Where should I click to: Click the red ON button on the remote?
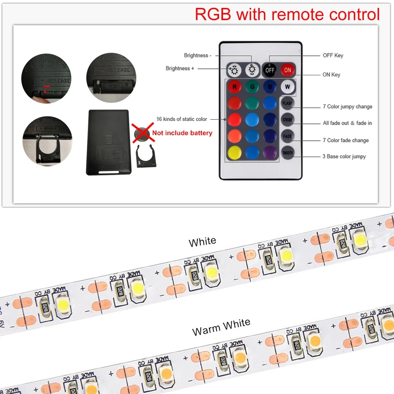coord(288,70)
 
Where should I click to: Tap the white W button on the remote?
coord(288,86)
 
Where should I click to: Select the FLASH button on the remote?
coord(288,103)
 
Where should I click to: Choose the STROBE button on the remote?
coord(288,119)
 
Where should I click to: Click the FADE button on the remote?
coord(288,136)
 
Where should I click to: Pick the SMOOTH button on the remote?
coord(288,152)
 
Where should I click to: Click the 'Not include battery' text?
coord(182,133)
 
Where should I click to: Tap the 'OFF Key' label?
coord(333,56)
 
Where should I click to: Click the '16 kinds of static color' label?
coord(182,119)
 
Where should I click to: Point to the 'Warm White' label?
coord(221,327)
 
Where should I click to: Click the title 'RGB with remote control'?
coord(287,15)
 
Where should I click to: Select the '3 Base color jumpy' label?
coord(344,156)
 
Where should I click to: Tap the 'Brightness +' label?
coord(180,69)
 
